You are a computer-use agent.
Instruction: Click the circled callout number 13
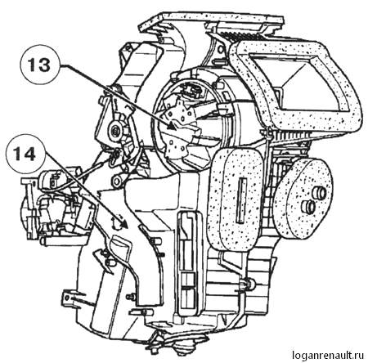click(39, 65)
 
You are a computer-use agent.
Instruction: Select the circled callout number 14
click(25, 155)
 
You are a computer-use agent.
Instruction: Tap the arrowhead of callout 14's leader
click(123, 223)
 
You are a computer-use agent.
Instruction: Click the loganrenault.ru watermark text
click(328, 355)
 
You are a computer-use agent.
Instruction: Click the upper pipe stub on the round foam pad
click(318, 192)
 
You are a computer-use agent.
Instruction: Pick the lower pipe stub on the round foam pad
click(308, 207)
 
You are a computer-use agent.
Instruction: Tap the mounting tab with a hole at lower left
click(68, 296)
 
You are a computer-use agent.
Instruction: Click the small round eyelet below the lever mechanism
click(118, 180)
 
